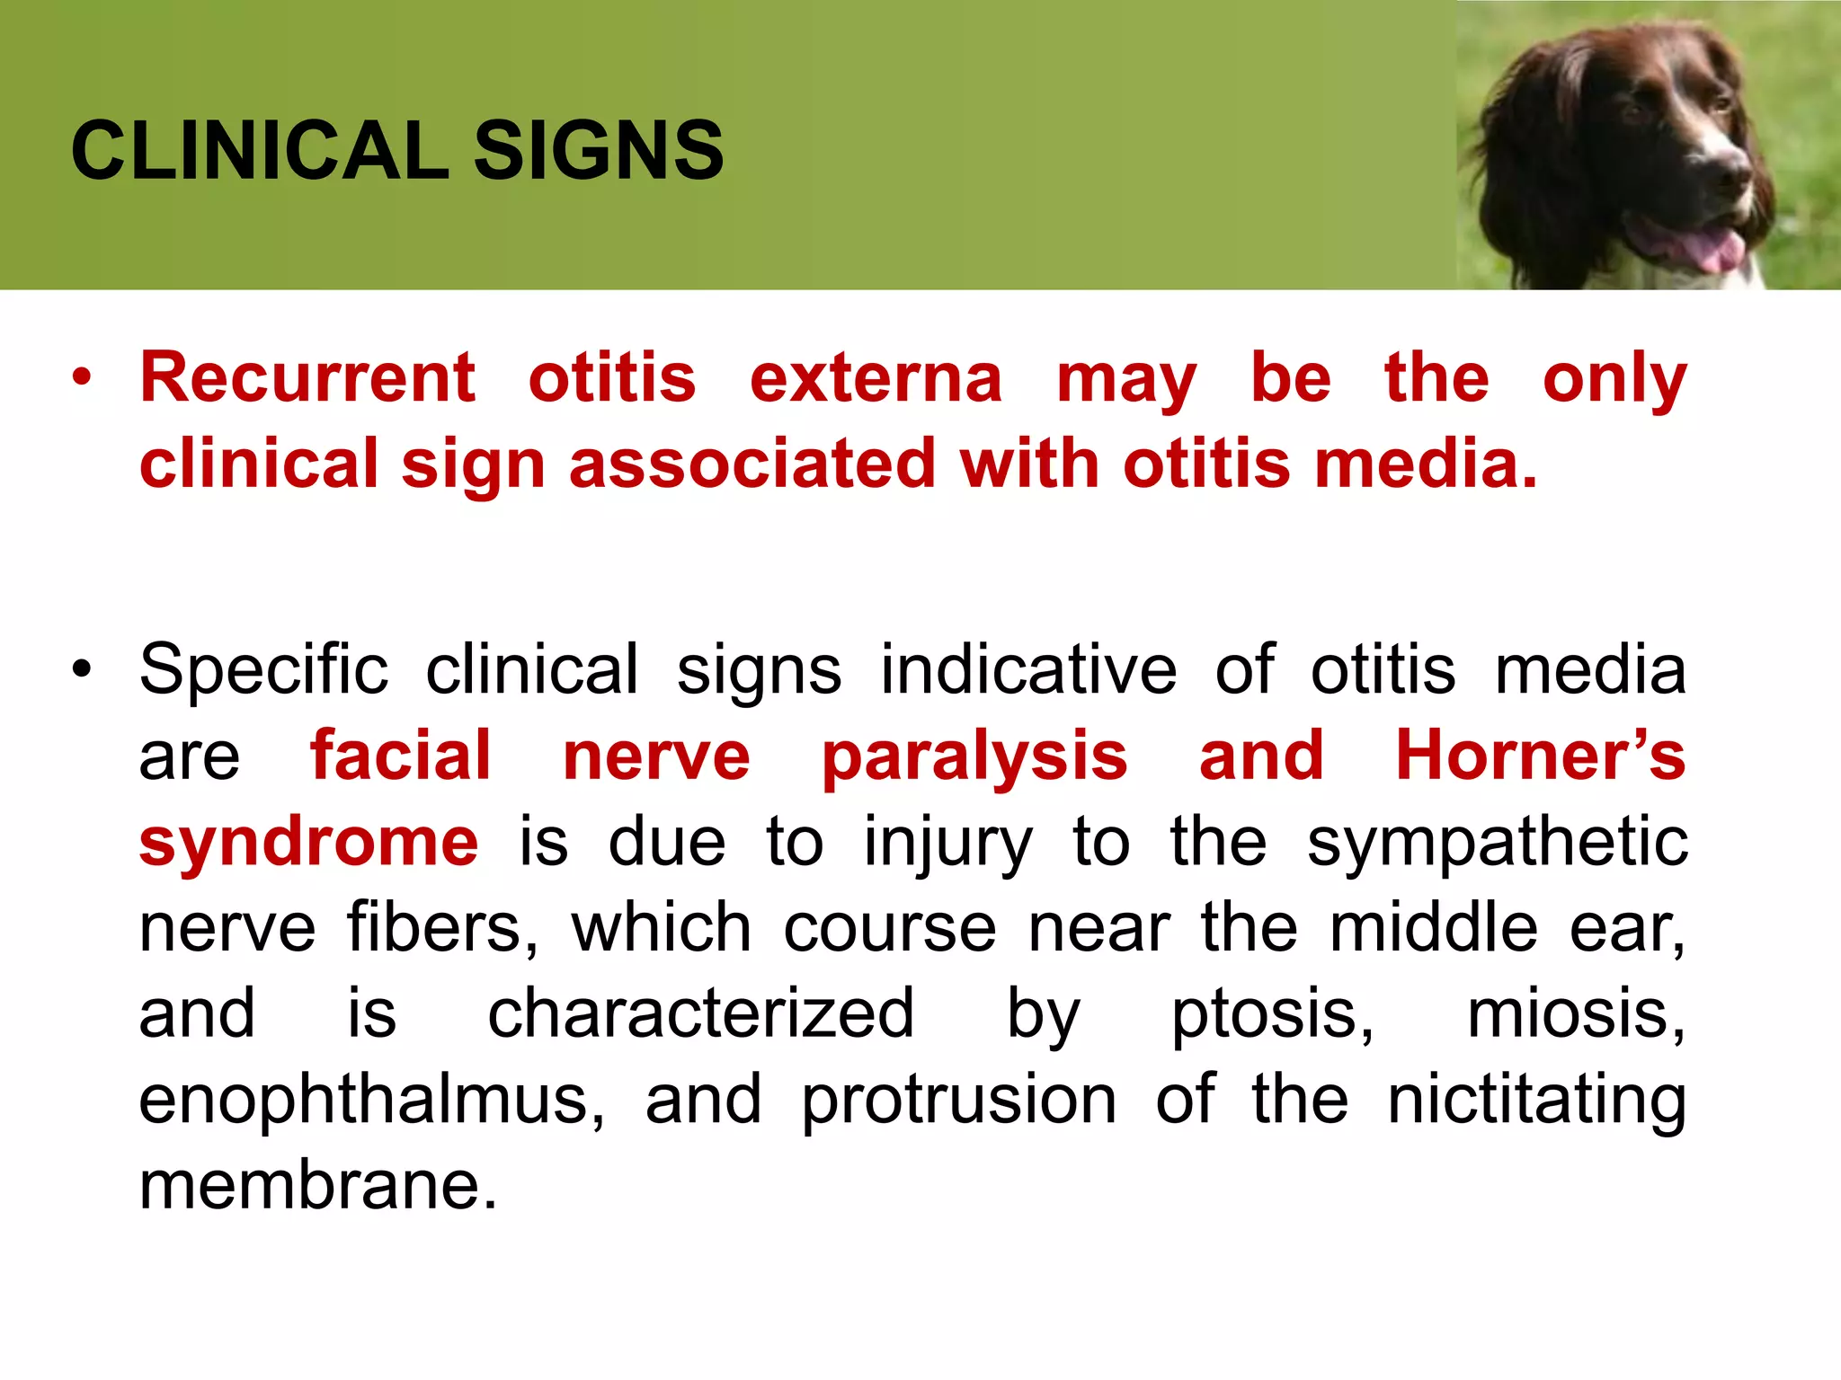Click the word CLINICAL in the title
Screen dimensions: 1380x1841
pos(259,151)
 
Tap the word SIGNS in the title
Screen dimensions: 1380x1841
pos(598,151)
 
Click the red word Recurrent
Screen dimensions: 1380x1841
pos(307,377)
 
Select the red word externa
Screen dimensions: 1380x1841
pos(876,377)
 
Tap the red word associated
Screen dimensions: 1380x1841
pos(752,464)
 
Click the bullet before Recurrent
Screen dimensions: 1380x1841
pos(83,378)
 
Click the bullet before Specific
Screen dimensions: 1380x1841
pos(83,669)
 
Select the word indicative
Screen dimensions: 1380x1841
pos(1028,669)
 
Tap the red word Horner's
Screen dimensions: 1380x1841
pos(1540,755)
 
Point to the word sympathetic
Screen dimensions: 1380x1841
pos(1497,843)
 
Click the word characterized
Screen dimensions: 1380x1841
pos(700,1013)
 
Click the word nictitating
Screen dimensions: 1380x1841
pos(1536,1100)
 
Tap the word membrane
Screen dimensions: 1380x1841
pos(317,1184)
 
